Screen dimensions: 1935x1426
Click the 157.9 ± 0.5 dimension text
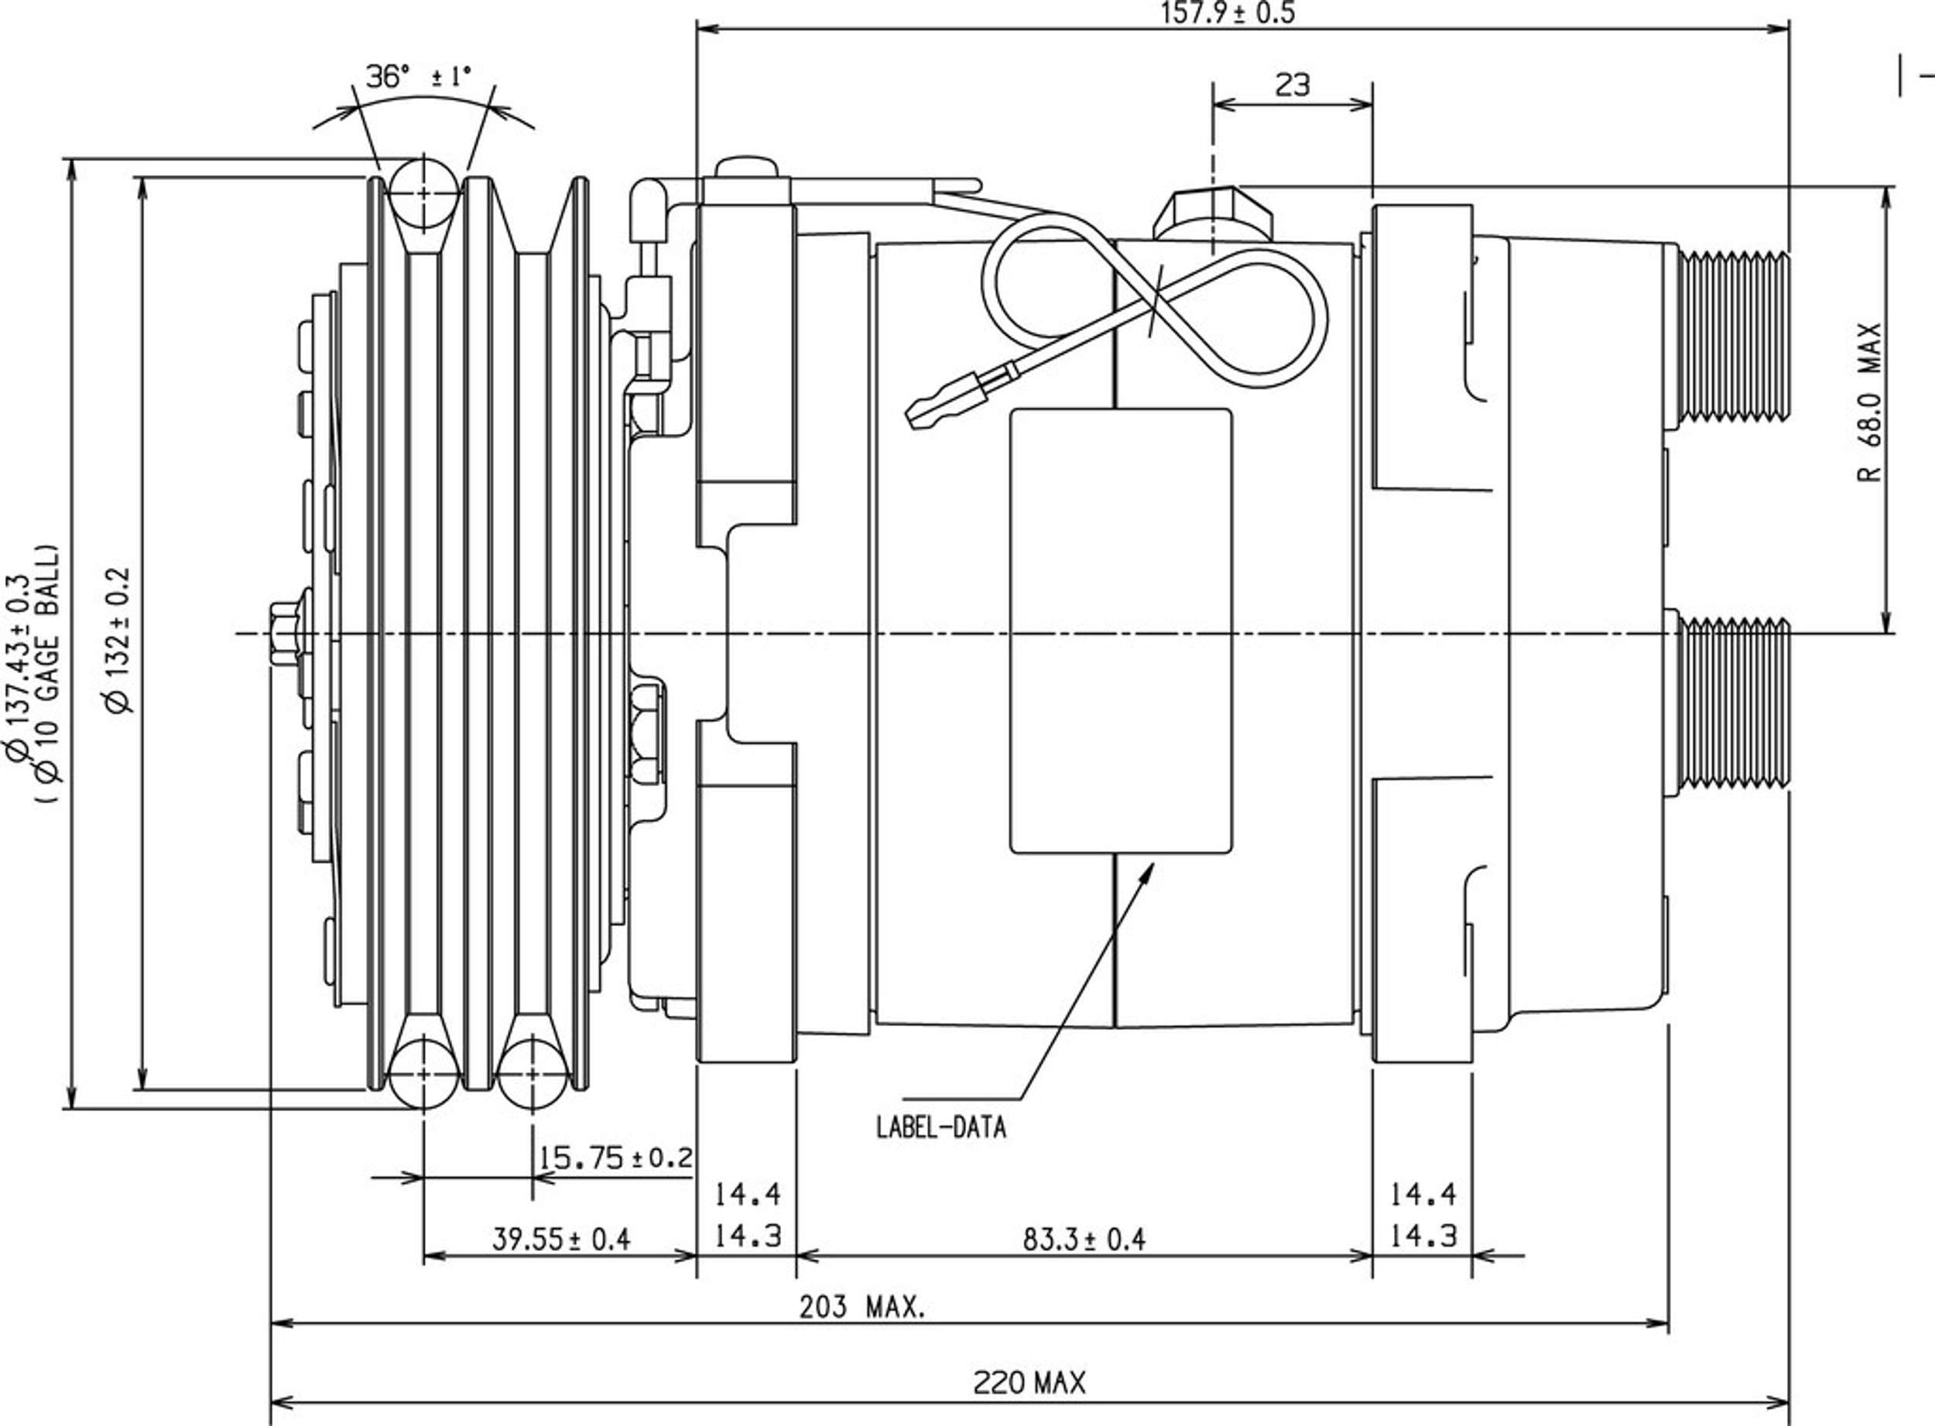click(1228, 14)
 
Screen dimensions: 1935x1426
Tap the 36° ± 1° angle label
click(420, 77)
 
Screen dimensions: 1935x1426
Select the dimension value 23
click(1292, 84)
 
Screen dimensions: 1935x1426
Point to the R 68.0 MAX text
click(1869, 403)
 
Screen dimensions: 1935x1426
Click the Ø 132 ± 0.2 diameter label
click(118, 640)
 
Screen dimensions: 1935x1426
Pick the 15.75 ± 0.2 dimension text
click(615, 1157)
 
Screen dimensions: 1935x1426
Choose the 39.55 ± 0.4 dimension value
click(561, 1240)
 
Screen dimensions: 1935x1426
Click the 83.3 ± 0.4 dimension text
click(1084, 1240)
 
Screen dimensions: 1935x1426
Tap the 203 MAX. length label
click(861, 1308)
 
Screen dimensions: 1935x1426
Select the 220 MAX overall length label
click(1029, 1383)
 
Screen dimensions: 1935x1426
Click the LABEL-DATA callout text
click(941, 1127)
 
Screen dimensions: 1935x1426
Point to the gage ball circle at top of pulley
click(423, 193)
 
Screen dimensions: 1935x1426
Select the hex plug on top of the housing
click(1213, 216)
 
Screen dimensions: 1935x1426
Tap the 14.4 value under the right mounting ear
click(1423, 1195)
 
